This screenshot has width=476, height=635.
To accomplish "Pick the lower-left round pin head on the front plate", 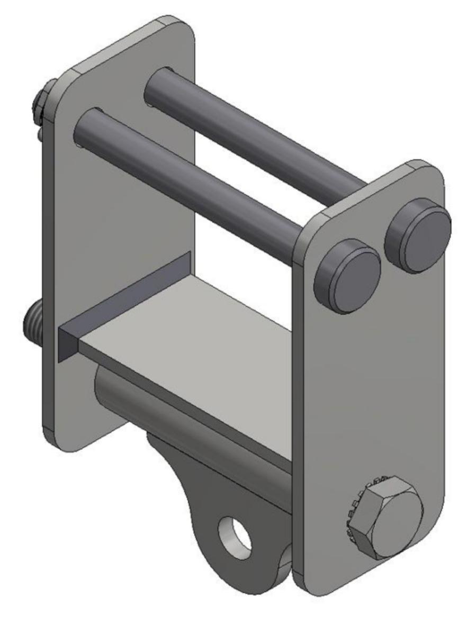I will click(347, 275).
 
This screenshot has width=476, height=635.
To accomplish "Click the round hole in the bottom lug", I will click(236, 537).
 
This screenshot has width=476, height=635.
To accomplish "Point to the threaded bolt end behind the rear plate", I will click(33, 323).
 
